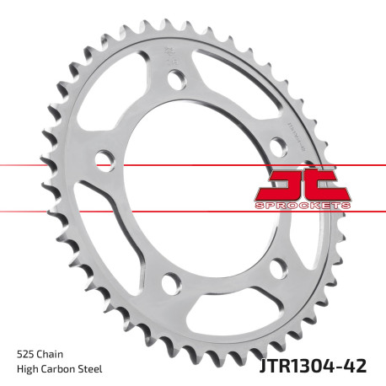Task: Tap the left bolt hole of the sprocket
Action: click(105, 159)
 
